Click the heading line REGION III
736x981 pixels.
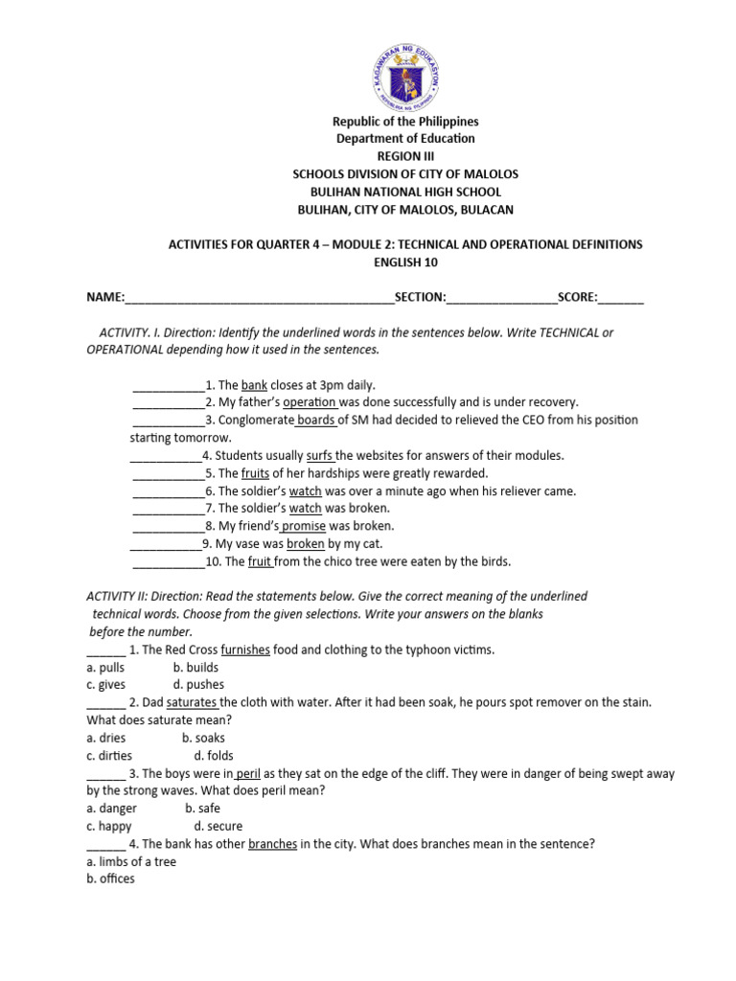[403, 156]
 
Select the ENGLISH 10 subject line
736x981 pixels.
[403, 262]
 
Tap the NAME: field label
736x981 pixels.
[106, 297]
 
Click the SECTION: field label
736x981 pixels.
[420, 297]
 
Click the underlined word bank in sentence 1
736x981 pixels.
[254, 385]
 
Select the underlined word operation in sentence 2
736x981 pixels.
[310, 402]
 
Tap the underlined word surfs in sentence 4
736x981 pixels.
[320, 455]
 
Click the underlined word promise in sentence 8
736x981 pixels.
[304, 526]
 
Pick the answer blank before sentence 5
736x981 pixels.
[168, 473]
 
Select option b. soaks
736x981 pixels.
[203, 739]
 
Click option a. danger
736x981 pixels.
[112, 809]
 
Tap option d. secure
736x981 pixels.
[218, 826]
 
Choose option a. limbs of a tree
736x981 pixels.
[131, 861]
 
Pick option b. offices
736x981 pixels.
[110, 878]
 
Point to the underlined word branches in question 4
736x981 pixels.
[273, 844]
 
